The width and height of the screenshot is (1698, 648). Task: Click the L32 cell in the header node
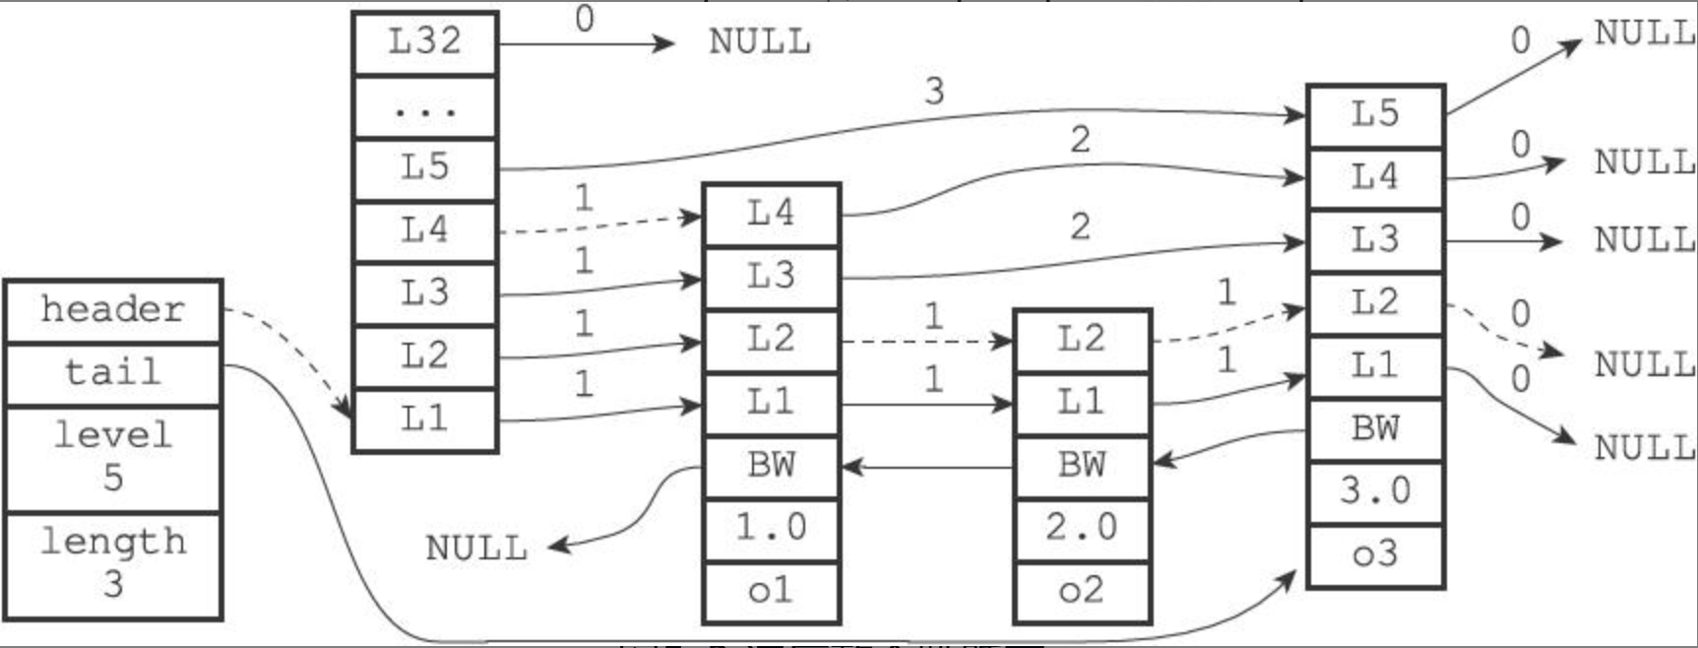click(x=424, y=42)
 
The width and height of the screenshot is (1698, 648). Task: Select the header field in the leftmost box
click(x=113, y=310)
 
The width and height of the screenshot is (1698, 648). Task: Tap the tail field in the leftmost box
click(x=113, y=372)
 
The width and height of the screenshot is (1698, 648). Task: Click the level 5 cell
click(x=113, y=456)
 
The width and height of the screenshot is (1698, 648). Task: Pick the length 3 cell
click(x=113, y=563)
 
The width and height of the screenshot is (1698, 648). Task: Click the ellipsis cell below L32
click(x=424, y=106)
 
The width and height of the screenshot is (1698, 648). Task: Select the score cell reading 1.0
click(x=771, y=528)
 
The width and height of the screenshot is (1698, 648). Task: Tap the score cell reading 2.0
click(x=1082, y=528)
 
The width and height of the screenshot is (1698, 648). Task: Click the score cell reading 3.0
click(x=1375, y=491)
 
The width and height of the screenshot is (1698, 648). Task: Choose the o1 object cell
click(x=771, y=591)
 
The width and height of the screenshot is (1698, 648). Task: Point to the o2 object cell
click(x=1082, y=591)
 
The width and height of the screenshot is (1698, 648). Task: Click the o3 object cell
click(x=1375, y=554)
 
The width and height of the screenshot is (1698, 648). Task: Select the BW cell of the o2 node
click(x=1082, y=465)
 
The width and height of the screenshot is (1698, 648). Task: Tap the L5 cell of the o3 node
click(x=1375, y=115)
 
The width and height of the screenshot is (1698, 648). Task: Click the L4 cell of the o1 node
click(x=771, y=214)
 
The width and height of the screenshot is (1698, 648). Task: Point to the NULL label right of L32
click(x=760, y=42)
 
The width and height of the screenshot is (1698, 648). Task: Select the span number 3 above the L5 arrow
click(x=934, y=92)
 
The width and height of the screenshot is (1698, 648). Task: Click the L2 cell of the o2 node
click(x=1082, y=340)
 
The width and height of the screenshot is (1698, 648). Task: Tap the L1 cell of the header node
click(x=424, y=420)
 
